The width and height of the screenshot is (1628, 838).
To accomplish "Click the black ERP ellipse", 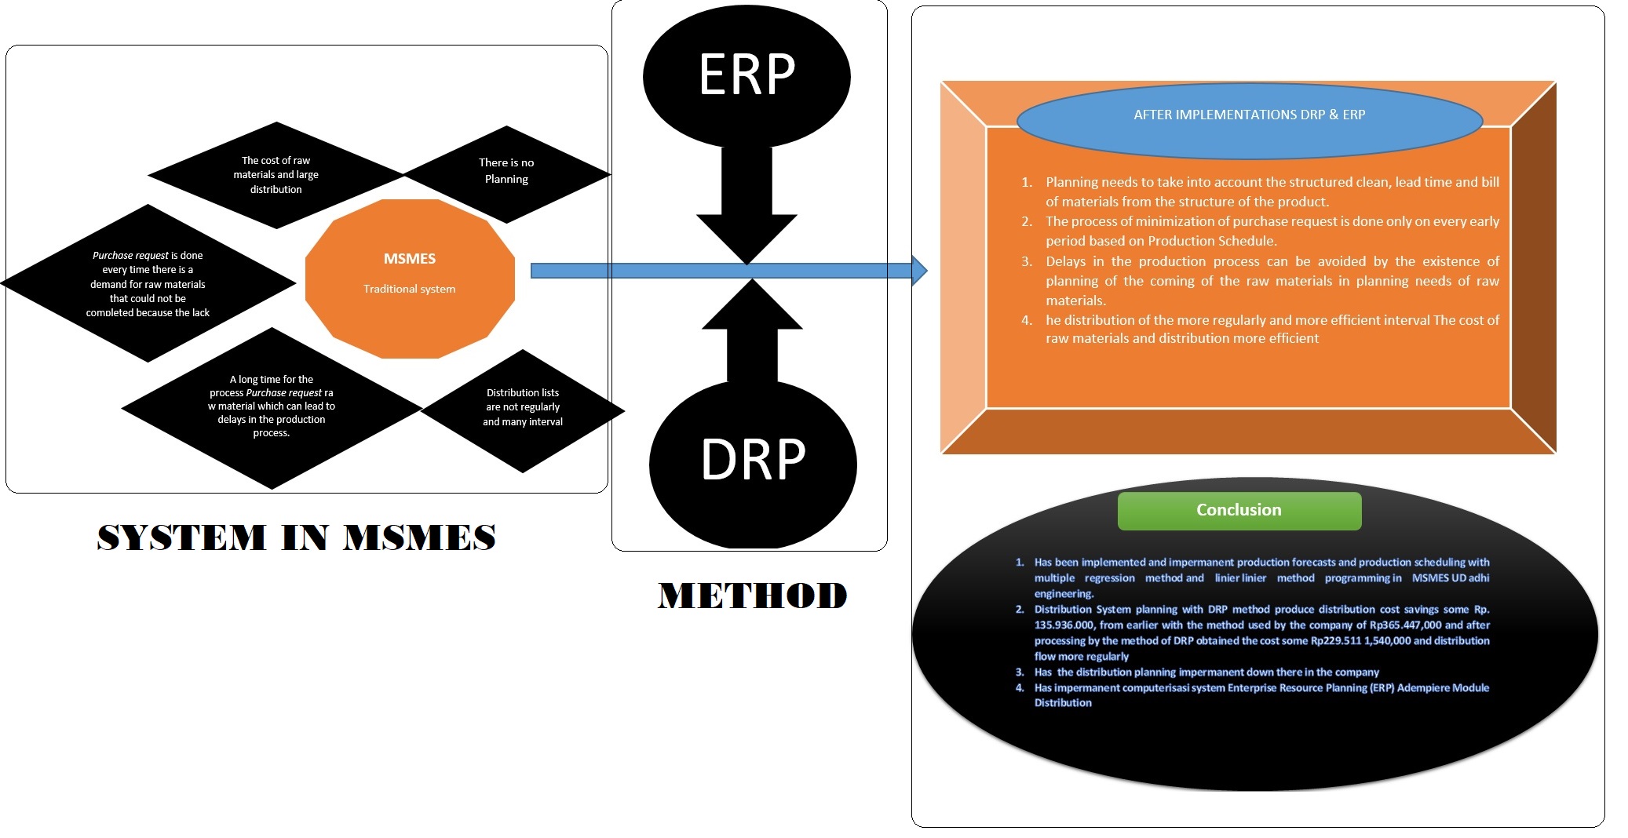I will (746, 76).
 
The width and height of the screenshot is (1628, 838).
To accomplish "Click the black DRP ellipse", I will (752, 463).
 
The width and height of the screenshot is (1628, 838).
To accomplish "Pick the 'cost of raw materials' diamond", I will (276, 175).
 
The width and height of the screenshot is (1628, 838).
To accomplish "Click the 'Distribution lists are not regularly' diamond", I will (523, 408).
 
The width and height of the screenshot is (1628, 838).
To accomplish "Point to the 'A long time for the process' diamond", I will (272, 406).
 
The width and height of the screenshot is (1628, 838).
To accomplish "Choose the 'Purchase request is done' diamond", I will (148, 283).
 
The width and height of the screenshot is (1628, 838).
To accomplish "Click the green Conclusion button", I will (1239, 511).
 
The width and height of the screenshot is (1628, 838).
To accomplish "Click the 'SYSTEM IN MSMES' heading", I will (297, 538).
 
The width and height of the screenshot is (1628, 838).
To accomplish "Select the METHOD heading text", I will (753, 596).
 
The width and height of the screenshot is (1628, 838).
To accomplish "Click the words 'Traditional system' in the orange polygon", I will (409, 289).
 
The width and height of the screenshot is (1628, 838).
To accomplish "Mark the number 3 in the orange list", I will (1027, 261).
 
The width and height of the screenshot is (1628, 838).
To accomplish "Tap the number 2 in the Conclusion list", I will (1020, 610).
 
